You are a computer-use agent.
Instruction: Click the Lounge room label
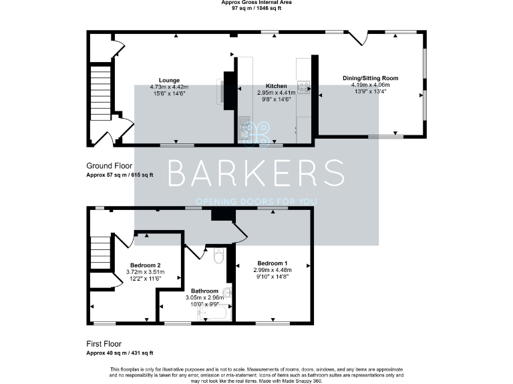[x=169, y=80]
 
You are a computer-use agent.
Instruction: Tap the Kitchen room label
[x=277, y=86]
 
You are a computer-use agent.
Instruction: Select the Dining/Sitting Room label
[x=369, y=78]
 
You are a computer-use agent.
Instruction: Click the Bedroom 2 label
[x=145, y=265]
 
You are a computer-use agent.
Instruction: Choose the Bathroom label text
[x=204, y=291]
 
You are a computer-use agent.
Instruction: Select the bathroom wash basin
[x=227, y=292]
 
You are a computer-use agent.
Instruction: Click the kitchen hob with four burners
[x=303, y=86]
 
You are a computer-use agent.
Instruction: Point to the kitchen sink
[x=244, y=127]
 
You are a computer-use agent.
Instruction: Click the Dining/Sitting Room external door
[x=364, y=37]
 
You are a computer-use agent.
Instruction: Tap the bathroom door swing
[x=194, y=251]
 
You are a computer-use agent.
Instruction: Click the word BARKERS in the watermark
[x=256, y=174]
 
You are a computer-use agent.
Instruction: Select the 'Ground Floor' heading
[x=109, y=166]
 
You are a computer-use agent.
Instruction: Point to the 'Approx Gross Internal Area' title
[x=256, y=3]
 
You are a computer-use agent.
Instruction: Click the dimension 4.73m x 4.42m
[x=169, y=87]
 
